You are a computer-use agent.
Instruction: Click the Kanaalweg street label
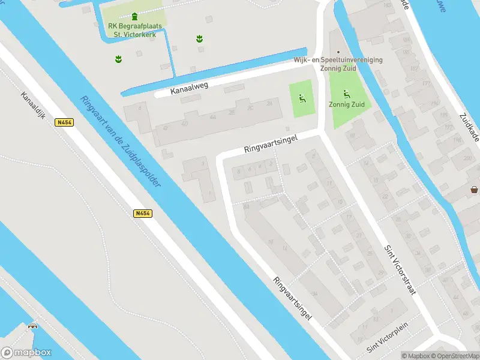pos(189,87)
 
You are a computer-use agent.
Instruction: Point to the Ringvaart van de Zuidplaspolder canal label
pos(120,142)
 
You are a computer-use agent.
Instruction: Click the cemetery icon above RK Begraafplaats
pos(134,16)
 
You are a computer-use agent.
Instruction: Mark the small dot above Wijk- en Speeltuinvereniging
pos(338,52)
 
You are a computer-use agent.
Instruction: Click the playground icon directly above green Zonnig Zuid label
pos(346,94)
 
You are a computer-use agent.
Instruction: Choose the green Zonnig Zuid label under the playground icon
pos(347,104)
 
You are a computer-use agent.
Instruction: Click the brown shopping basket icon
pos(474,190)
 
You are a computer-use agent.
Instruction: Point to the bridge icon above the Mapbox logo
pos(32,327)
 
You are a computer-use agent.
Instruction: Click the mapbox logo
pos(26,353)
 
